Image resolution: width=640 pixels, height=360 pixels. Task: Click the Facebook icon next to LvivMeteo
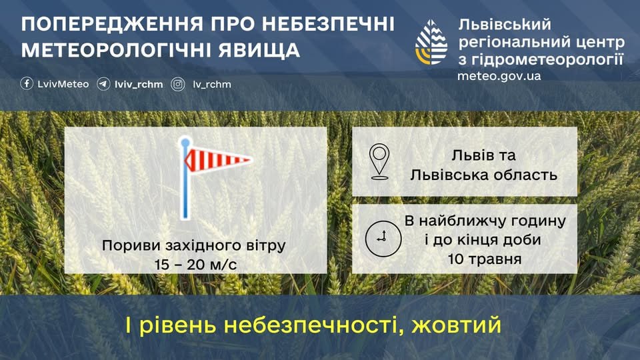(27, 84)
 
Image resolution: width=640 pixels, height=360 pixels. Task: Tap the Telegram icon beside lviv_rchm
(103, 84)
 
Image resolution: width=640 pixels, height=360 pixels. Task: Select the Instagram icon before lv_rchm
(178, 84)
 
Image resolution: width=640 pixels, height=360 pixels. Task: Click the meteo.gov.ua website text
(499, 76)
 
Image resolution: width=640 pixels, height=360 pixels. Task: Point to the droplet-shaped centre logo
(431, 43)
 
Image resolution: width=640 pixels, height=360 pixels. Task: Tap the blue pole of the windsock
(185, 179)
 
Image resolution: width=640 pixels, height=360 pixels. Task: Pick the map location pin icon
(379, 161)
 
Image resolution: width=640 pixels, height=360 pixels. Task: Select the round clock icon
(383, 239)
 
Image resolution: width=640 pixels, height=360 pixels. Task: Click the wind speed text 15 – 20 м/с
(195, 265)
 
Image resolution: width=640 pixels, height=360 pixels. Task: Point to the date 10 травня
(485, 259)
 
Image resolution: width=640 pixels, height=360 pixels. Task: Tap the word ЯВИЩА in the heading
(259, 50)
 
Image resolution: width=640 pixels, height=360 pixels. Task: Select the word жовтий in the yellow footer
(456, 325)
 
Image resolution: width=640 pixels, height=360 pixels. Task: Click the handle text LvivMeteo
(63, 84)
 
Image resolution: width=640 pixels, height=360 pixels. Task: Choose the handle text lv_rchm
(212, 85)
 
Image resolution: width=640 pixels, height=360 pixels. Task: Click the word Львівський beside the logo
(505, 25)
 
